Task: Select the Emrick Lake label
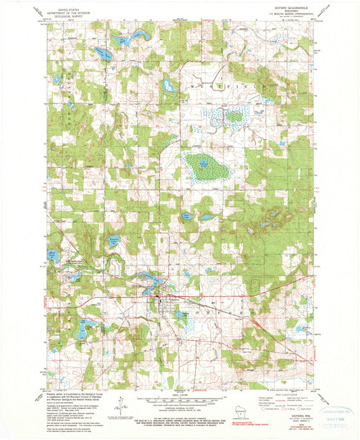[x=114, y=237]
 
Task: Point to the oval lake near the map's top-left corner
[x=103, y=53]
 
